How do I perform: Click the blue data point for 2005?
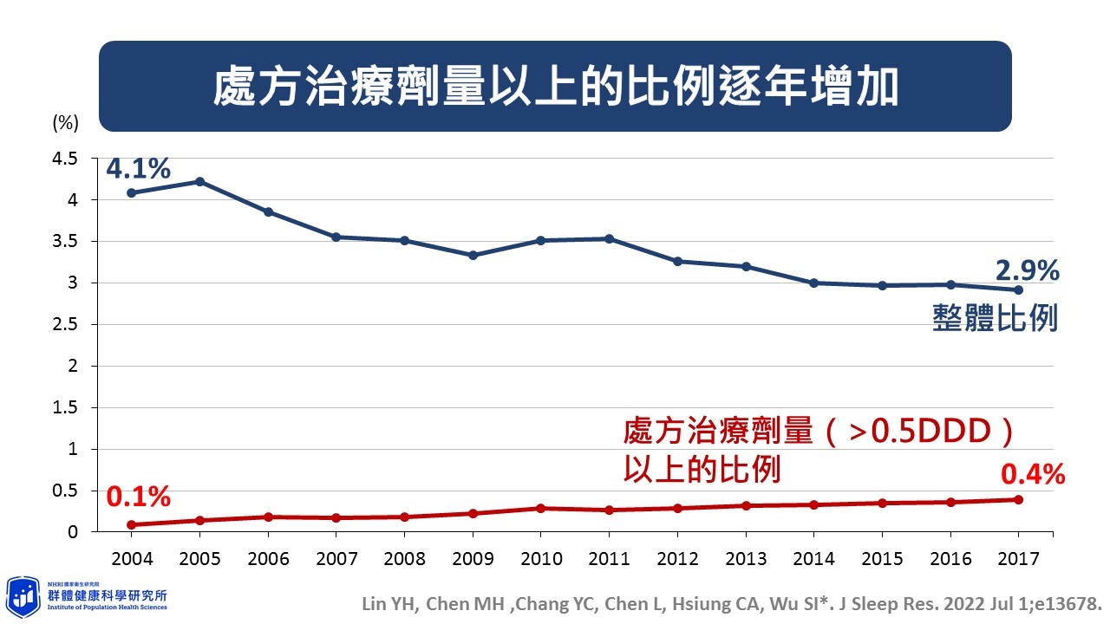(199, 181)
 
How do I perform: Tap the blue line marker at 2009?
(473, 256)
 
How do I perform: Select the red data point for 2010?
(541, 508)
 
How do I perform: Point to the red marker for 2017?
(1018, 499)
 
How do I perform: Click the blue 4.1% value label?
(139, 168)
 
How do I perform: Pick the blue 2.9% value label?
(1028, 270)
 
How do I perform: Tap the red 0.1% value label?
(139, 497)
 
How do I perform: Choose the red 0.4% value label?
(1033, 474)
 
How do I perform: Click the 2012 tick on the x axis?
(677, 558)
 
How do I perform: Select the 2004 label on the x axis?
(132, 558)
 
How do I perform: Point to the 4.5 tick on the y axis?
(66, 159)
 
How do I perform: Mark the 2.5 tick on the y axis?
(66, 325)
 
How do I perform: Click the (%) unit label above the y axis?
(66, 123)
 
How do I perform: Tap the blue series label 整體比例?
(995, 318)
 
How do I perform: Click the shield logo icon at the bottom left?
(23, 596)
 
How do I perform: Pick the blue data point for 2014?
(813, 283)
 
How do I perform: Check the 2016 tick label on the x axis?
(950, 558)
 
